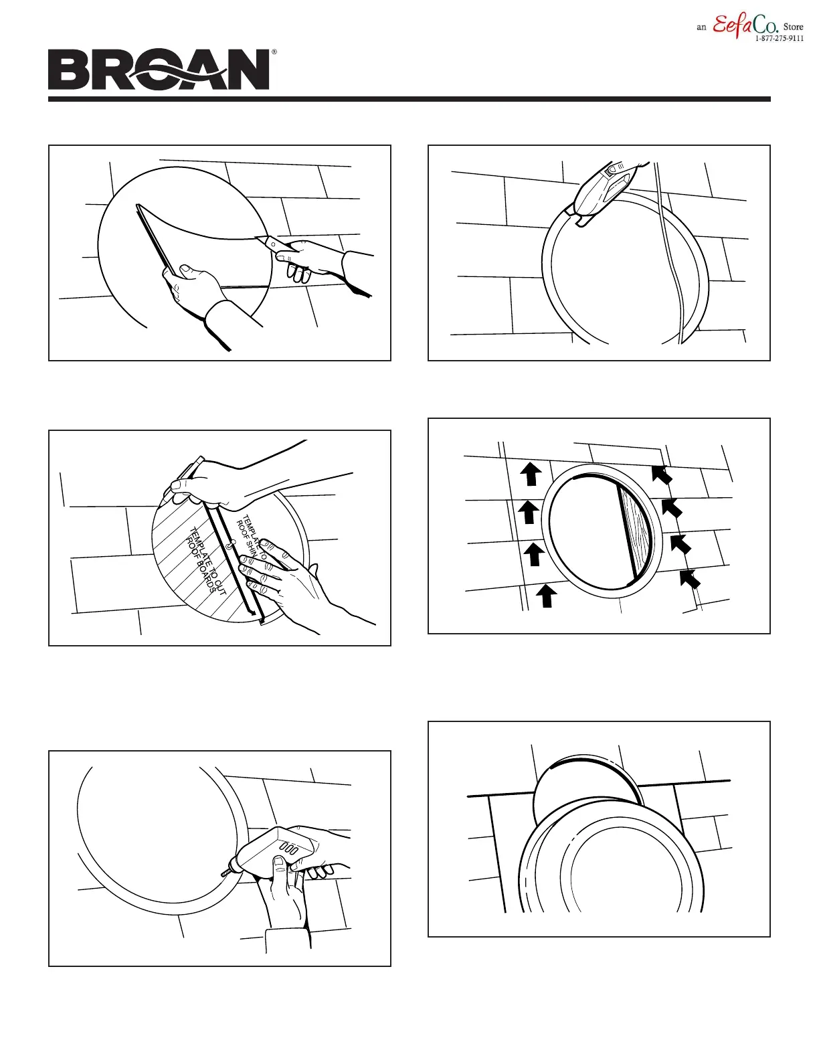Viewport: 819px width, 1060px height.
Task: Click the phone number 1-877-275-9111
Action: tap(779, 39)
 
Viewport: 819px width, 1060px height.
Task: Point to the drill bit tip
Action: tap(223, 873)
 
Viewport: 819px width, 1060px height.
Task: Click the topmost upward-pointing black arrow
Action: tap(531, 473)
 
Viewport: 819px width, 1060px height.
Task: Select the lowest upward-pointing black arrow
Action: tap(547, 595)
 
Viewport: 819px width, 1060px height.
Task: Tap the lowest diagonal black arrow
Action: tap(690, 578)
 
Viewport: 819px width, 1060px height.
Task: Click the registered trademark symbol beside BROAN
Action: tap(274, 52)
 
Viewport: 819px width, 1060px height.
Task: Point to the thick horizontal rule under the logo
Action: tap(409, 99)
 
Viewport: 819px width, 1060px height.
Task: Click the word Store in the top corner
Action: tap(793, 27)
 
